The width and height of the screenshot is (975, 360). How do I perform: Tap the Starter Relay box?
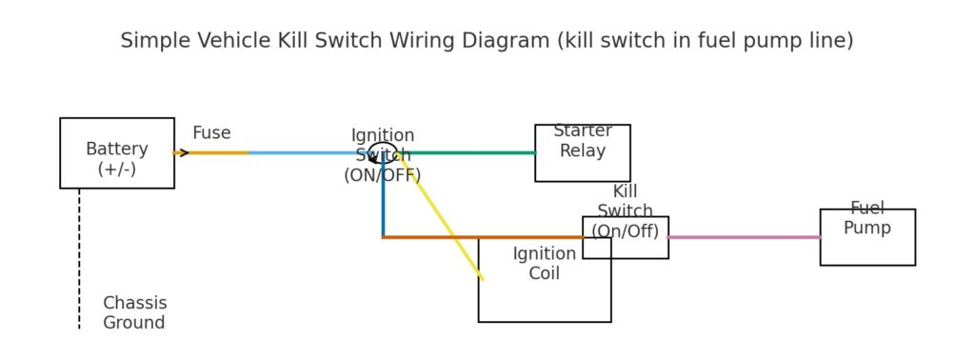[x=582, y=153]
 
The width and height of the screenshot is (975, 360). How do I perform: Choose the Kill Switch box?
[x=625, y=237]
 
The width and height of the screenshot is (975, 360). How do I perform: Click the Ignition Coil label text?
[x=544, y=264]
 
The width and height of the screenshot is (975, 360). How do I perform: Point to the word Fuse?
[x=211, y=133]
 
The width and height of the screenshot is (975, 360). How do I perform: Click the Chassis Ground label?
[x=134, y=313]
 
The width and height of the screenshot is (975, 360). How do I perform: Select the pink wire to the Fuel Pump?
[x=743, y=237]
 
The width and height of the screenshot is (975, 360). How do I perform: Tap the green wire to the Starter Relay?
[x=467, y=152]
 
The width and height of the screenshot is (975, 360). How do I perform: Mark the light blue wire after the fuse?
[x=305, y=152]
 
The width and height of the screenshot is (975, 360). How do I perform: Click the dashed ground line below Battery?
[x=79, y=257]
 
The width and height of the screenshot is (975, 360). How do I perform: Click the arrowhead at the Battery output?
[x=183, y=152]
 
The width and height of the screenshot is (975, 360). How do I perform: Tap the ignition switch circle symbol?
[x=382, y=152]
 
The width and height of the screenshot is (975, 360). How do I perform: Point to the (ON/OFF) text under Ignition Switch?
[x=382, y=175]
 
